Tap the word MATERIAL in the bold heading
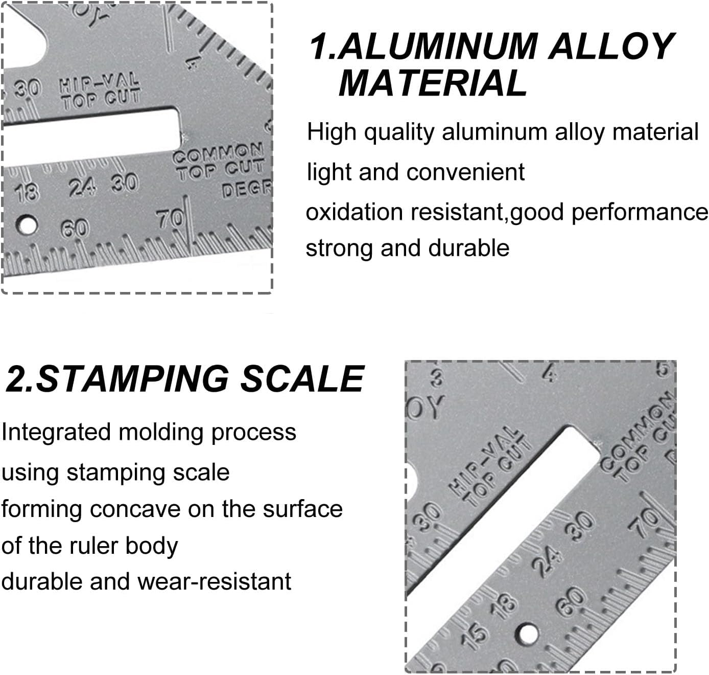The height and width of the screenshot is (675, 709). pos(433,83)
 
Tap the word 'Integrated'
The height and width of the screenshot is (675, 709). pos(56,432)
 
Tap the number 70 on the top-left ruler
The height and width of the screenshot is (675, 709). pos(170,219)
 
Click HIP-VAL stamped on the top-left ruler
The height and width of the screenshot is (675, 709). pos(99,82)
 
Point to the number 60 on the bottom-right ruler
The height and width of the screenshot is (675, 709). pos(571,601)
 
